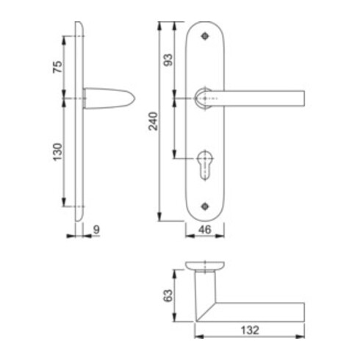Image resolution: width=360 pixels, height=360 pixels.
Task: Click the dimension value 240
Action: tap(154, 121)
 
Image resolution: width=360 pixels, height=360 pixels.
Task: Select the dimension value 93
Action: tap(168, 60)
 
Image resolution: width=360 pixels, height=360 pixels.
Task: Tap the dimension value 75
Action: tap(58, 67)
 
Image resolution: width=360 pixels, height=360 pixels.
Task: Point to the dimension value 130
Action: tap(58, 152)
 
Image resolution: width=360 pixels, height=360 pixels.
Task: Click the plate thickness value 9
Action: tap(97, 230)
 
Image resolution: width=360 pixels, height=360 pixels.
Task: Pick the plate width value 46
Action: tap(205, 230)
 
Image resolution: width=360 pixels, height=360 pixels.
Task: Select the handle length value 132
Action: tap(250, 330)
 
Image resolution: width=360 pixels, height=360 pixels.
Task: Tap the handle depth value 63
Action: tap(168, 296)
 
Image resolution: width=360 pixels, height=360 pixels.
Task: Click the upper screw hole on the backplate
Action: tap(205, 36)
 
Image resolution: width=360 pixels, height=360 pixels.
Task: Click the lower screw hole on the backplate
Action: tap(205, 206)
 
